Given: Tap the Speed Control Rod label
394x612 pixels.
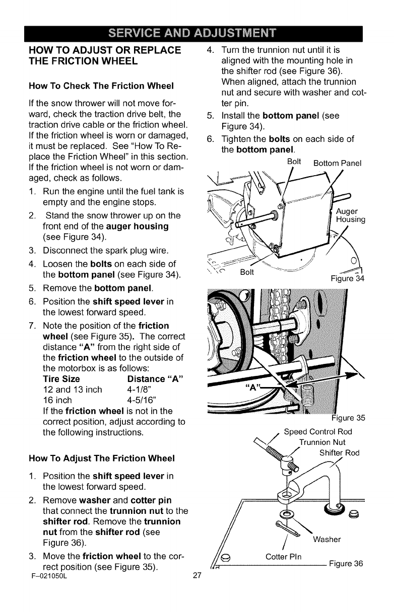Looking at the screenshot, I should (x=318, y=431).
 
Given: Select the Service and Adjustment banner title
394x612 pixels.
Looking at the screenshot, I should (x=196, y=35).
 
